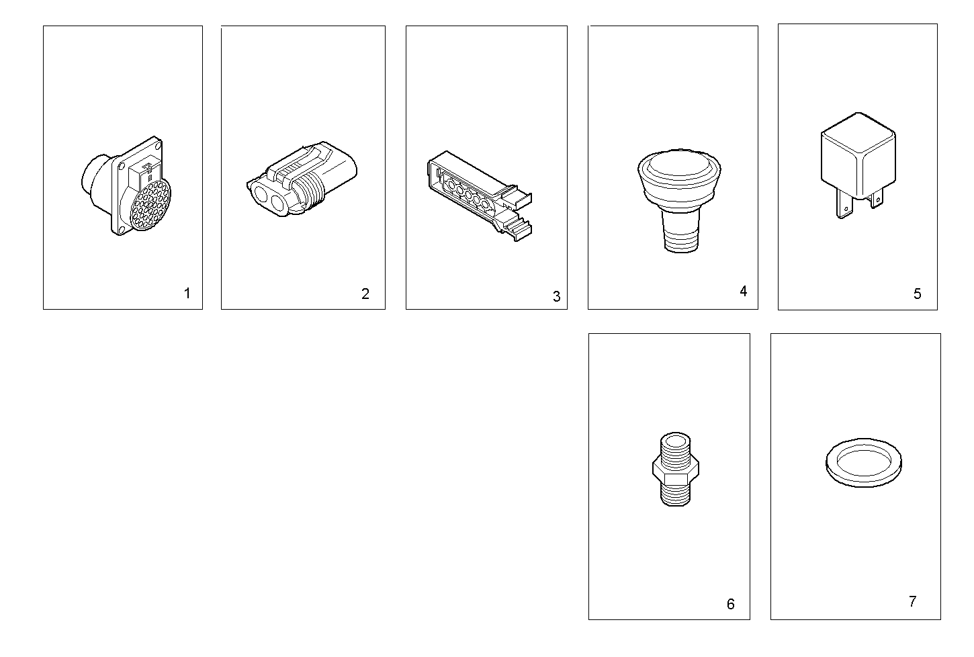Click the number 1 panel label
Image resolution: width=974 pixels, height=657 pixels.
tap(187, 294)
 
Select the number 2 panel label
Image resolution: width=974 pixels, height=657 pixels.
tap(365, 294)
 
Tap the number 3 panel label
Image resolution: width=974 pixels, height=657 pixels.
tap(556, 296)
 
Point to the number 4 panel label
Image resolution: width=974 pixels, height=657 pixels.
tap(743, 291)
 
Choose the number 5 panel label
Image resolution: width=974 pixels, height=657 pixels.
tap(917, 294)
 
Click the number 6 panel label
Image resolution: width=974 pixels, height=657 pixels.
tap(730, 604)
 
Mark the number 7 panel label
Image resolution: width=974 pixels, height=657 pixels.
tap(912, 601)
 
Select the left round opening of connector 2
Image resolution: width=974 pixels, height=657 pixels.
tap(261, 195)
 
